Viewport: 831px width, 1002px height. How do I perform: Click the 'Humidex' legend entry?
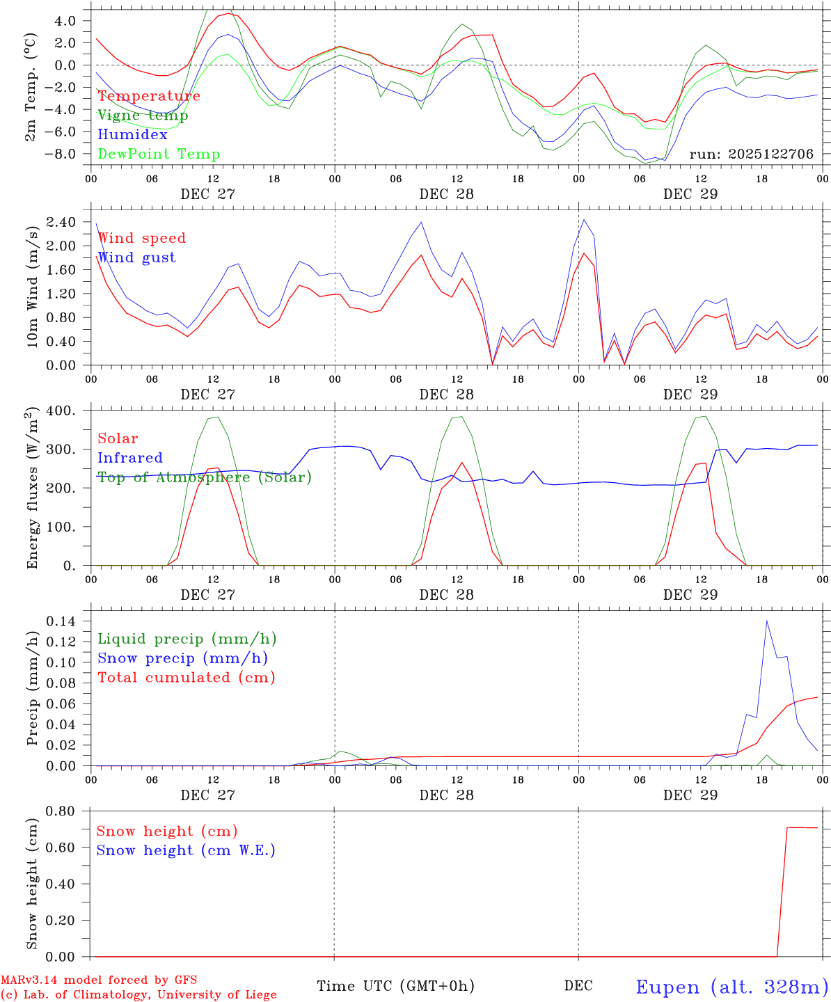(x=132, y=135)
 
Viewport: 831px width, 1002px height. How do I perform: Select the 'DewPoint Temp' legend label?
(x=159, y=154)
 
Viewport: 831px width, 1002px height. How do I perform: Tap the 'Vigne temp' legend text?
(x=143, y=116)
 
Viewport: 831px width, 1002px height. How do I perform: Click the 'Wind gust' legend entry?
(x=136, y=257)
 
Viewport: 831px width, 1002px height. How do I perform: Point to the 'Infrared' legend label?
(x=130, y=458)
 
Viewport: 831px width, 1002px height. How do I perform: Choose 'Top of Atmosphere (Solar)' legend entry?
(x=205, y=477)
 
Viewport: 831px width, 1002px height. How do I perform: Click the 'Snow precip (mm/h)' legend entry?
(x=183, y=658)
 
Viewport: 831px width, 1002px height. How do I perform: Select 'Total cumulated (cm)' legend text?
(x=187, y=678)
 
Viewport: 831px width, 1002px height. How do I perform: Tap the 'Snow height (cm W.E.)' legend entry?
(x=186, y=850)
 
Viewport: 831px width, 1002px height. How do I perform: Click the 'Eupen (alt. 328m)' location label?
(x=731, y=987)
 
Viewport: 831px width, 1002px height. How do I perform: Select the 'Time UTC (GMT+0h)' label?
(x=395, y=986)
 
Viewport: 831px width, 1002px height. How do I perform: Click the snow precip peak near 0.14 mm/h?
(x=767, y=621)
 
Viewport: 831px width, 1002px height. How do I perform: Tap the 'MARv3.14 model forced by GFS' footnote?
(x=99, y=980)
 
